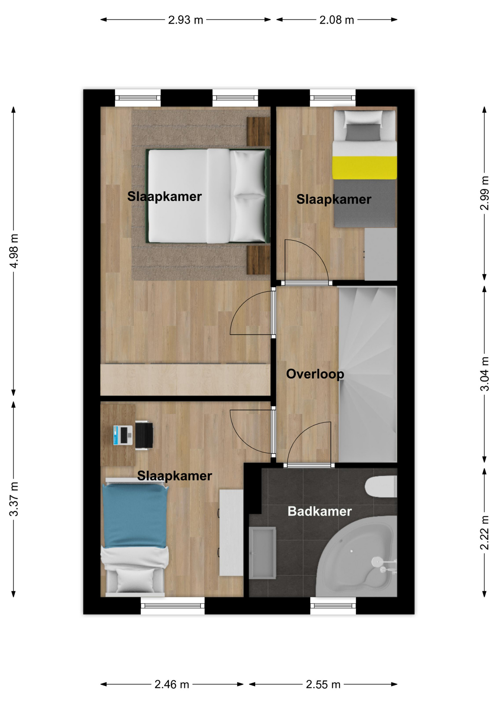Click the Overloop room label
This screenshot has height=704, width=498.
[315, 374]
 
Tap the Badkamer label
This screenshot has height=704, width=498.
[319, 511]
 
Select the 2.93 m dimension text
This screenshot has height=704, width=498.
[186, 20]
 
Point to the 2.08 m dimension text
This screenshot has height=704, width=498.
[337, 20]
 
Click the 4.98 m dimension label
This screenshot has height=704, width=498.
[14, 251]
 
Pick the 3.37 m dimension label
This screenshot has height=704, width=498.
[14, 499]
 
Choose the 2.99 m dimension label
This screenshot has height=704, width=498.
[484, 193]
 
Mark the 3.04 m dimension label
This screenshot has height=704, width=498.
[484, 374]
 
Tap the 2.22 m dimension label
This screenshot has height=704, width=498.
[484, 533]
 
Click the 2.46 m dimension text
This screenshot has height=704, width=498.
[172, 684]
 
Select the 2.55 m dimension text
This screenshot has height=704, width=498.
[323, 684]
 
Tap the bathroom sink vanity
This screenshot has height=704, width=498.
[262, 553]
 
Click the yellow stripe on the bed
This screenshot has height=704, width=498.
[365, 168]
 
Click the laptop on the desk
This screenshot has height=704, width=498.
[123, 435]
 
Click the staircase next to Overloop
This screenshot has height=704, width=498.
[367, 374]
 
